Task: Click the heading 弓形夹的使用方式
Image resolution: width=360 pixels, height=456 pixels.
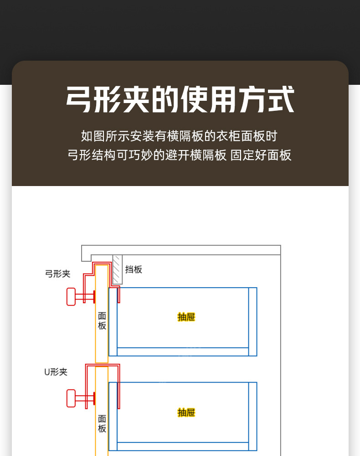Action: coord(180,99)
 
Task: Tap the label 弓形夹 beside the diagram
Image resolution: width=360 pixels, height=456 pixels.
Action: coord(57,274)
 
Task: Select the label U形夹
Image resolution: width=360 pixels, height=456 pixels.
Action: coord(56,372)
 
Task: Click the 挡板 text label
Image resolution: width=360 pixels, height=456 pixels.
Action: coord(134,269)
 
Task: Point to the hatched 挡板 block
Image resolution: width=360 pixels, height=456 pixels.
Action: coord(118,269)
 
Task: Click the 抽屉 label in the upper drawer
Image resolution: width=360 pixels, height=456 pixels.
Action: coord(186,317)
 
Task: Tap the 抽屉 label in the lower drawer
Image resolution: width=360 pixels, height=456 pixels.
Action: coord(186,413)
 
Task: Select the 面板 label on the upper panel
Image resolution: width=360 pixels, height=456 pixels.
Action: coord(102,321)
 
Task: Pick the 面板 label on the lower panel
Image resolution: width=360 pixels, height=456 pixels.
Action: coord(102,424)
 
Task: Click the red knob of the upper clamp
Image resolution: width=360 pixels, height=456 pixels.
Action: coord(71,297)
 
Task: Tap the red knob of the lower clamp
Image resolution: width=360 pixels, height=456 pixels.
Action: coord(71,398)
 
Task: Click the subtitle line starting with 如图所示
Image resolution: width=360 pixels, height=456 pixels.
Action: coord(179,136)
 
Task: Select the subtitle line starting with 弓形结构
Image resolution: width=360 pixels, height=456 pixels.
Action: coord(179,155)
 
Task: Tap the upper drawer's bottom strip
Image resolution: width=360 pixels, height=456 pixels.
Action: coord(182,352)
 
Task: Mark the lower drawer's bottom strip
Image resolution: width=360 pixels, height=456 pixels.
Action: coord(182,446)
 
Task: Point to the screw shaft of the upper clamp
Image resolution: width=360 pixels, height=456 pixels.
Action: coord(84,297)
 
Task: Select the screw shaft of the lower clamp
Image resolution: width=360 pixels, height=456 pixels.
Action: coord(84,398)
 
